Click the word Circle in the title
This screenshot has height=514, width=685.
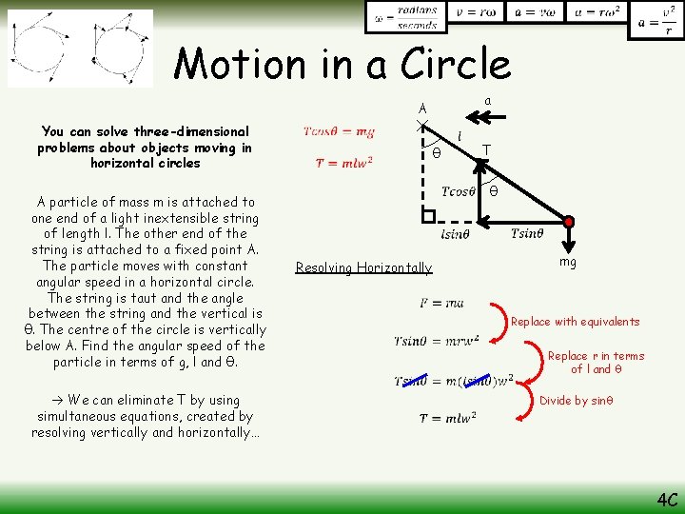(x=456, y=65)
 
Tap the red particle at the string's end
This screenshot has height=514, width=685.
(x=569, y=223)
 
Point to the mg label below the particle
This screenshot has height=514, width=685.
(x=568, y=262)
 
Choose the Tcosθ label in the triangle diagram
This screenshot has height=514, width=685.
(x=459, y=190)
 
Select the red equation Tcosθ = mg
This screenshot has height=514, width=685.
(x=339, y=131)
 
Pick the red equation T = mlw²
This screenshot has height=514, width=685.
(x=343, y=162)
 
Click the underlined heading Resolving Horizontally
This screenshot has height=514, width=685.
(x=363, y=268)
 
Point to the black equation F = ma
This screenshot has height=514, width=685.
(x=441, y=304)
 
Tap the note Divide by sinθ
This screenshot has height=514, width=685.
(x=576, y=401)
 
